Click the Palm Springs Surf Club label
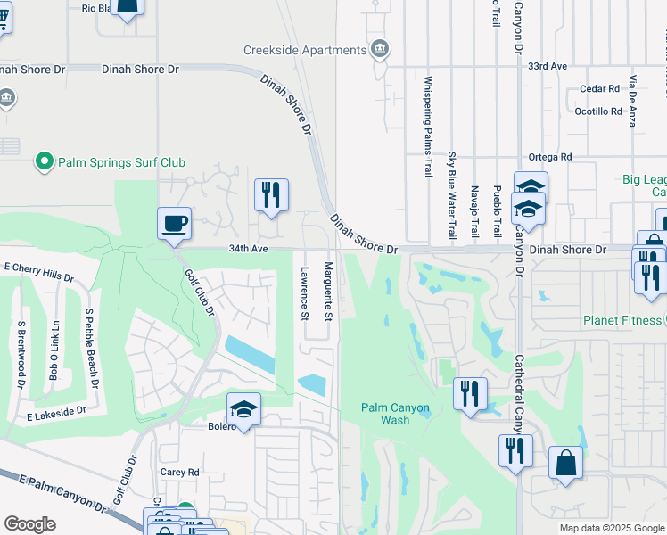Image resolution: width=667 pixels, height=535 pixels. tap(122, 162)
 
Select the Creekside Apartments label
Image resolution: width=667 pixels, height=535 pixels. tap(305, 50)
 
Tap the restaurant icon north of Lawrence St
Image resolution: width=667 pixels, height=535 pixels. tap(271, 195)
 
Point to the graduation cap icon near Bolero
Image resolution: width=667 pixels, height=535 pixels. tap(243, 409)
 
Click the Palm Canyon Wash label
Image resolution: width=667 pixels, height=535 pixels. tap(396, 414)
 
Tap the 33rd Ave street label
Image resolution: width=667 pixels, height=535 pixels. tap(548, 67)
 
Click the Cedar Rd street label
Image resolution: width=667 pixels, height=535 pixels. tap(599, 89)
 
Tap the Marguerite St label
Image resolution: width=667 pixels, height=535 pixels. tap(328, 292)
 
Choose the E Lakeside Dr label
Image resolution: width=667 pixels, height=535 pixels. tap(56, 412)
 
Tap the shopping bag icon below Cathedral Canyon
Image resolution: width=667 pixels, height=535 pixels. tap(565, 464)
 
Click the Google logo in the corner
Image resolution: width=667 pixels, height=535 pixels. tap(30, 524)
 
